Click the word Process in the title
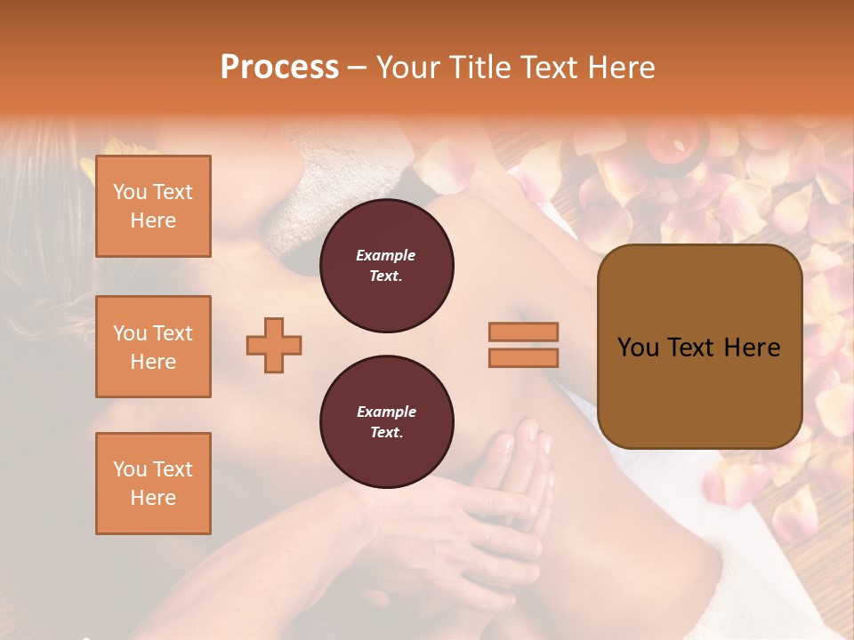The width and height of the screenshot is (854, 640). (279, 68)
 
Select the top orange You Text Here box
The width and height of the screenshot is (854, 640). (153, 206)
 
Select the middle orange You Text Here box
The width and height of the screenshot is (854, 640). (153, 347)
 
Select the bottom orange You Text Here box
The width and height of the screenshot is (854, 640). (153, 483)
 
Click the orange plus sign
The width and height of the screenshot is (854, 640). (274, 345)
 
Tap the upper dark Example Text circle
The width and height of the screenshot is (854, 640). (387, 266)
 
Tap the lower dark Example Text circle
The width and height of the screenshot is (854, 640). (387, 422)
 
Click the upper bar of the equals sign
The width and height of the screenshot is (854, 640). (523, 332)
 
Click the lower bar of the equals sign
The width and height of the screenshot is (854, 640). (523, 357)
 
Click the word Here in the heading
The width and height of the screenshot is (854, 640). (622, 68)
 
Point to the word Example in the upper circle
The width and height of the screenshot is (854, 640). (386, 255)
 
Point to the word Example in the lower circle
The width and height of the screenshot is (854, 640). (386, 412)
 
